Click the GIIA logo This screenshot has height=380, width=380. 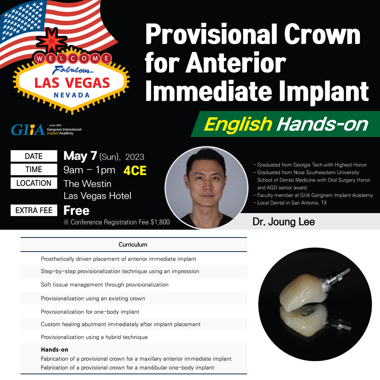pos(46,130)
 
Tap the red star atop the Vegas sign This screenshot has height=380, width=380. pos(51,41)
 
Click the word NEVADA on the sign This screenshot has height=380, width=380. pos(72,95)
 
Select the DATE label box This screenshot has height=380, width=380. pos(34,156)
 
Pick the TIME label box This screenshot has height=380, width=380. pos(34,169)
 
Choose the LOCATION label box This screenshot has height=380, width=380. pos(34,183)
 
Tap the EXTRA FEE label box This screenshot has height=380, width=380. pos(34,210)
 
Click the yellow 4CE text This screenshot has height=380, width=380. pos(135,171)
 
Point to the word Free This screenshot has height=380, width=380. pos(76,211)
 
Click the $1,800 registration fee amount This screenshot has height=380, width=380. pos(160,222)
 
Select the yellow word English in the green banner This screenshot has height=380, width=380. pos(238,124)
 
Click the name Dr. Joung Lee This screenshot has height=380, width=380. pos(283,222)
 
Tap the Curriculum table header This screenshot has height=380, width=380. pos(133,244)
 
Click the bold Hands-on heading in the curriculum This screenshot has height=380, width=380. pos(54,350)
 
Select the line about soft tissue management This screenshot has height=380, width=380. pos(105,285)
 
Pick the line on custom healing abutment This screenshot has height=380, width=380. pos(121,324)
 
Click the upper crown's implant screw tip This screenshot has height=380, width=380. pos(348,269)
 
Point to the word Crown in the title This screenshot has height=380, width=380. pos(322,34)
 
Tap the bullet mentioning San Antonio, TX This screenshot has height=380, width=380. pos(290,203)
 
